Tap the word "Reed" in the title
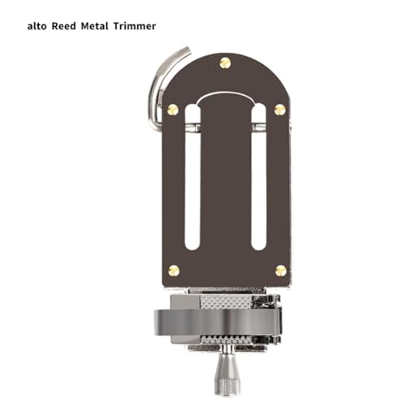click(x=67, y=26)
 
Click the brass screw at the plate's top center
click(x=226, y=63)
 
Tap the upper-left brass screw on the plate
click(x=172, y=109)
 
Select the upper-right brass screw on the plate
click(x=280, y=109)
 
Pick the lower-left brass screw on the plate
click(x=172, y=270)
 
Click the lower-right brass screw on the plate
click(x=280, y=270)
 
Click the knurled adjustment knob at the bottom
click(x=225, y=374)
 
